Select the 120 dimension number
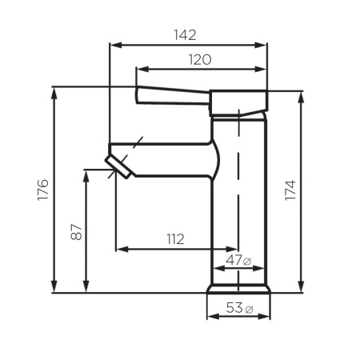[x=200, y=59]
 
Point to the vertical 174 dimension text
[x=290, y=190]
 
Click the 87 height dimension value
[x=74, y=232]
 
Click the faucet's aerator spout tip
[x=119, y=166]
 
